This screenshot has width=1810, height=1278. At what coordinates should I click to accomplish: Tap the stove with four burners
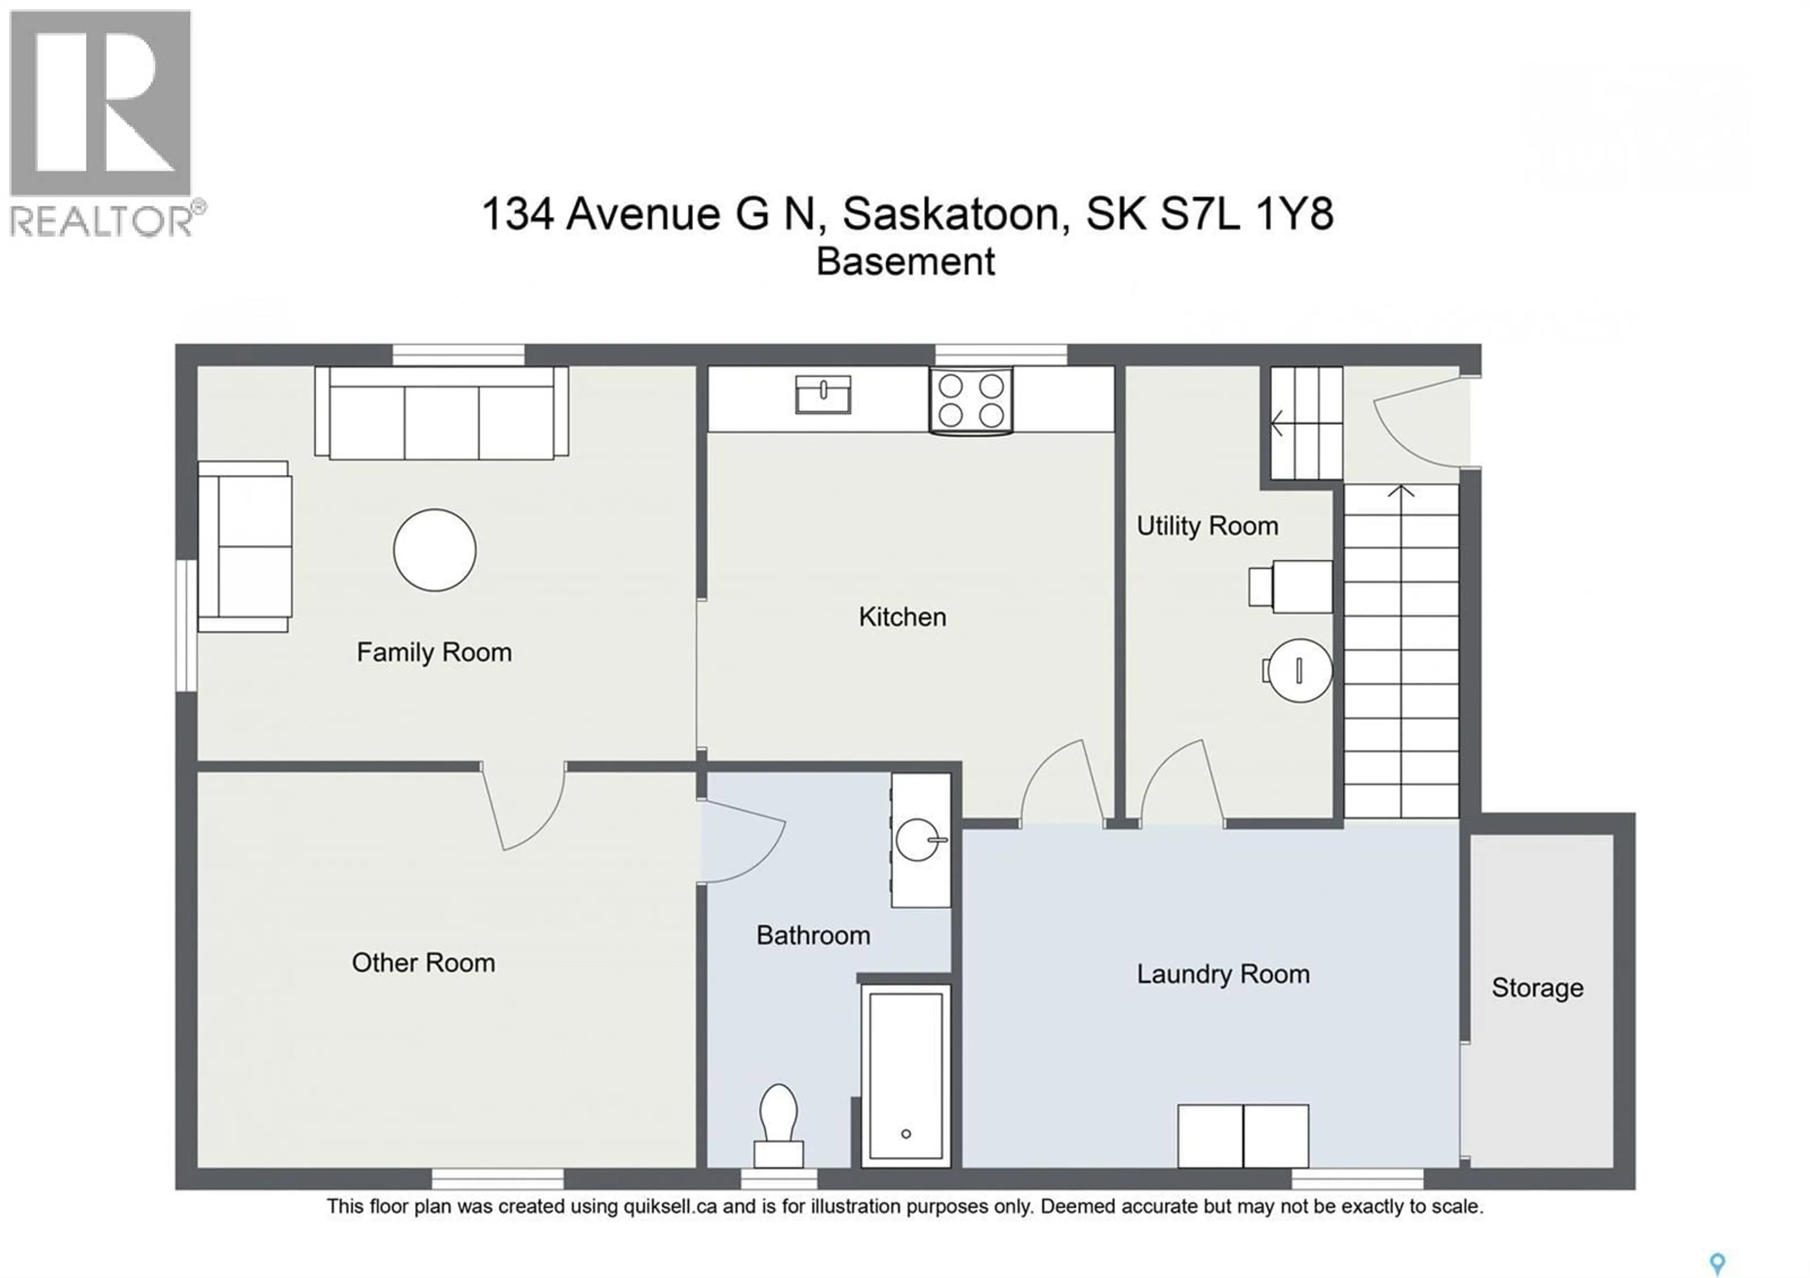pyautogui.click(x=971, y=400)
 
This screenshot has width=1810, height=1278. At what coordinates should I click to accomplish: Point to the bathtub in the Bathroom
pyautogui.click(x=906, y=1075)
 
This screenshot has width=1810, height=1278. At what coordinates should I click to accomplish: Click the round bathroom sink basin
pyautogui.click(x=918, y=840)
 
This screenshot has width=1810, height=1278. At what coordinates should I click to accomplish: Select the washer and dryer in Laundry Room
pyautogui.click(x=1243, y=1135)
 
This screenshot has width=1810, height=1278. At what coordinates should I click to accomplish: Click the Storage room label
pyautogui.click(x=1537, y=987)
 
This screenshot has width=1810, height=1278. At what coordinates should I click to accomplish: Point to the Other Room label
pyautogui.click(x=423, y=962)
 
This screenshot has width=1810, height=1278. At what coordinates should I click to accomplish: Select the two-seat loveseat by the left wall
pyautogui.click(x=244, y=547)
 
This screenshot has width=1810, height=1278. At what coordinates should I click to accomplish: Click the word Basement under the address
pyautogui.click(x=905, y=262)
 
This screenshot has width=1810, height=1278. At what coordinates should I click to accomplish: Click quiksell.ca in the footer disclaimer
pyautogui.click(x=670, y=1206)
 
